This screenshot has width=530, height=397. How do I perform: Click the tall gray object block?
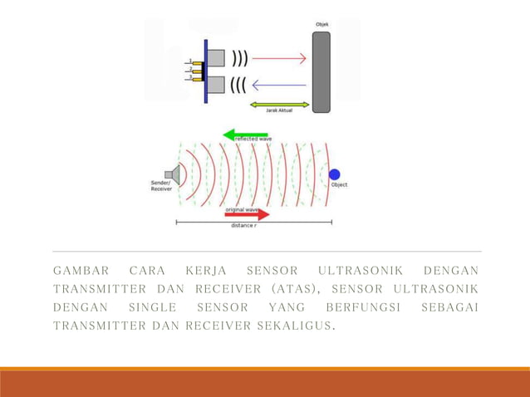click(x=321, y=71)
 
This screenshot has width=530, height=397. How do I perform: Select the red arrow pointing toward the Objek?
click(x=279, y=59)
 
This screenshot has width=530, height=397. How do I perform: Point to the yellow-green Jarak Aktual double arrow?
click(x=279, y=105)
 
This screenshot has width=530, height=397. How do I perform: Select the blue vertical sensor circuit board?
click(x=205, y=70)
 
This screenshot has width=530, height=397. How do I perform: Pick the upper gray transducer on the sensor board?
click(x=216, y=57)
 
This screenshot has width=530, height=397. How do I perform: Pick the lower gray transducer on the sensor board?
click(x=216, y=84)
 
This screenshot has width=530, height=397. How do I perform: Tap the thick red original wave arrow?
click(x=247, y=214)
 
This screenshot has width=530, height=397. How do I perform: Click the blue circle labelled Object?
click(x=334, y=174)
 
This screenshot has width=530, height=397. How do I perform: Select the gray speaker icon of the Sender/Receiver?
click(x=173, y=174)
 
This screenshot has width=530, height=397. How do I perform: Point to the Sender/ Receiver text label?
click(x=161, y=185)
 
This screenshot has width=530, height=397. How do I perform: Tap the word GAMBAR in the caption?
click(x=81, y=271)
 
